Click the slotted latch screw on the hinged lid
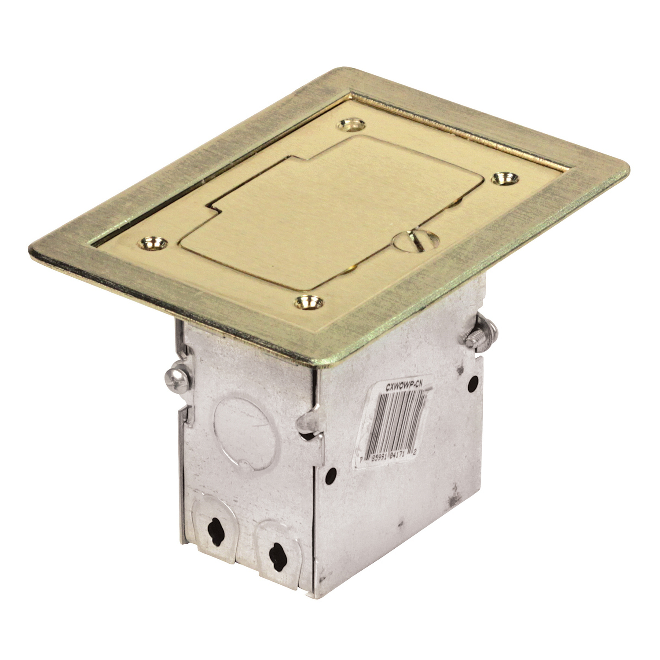(414, 241)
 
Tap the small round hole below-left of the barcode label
(331, 474)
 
